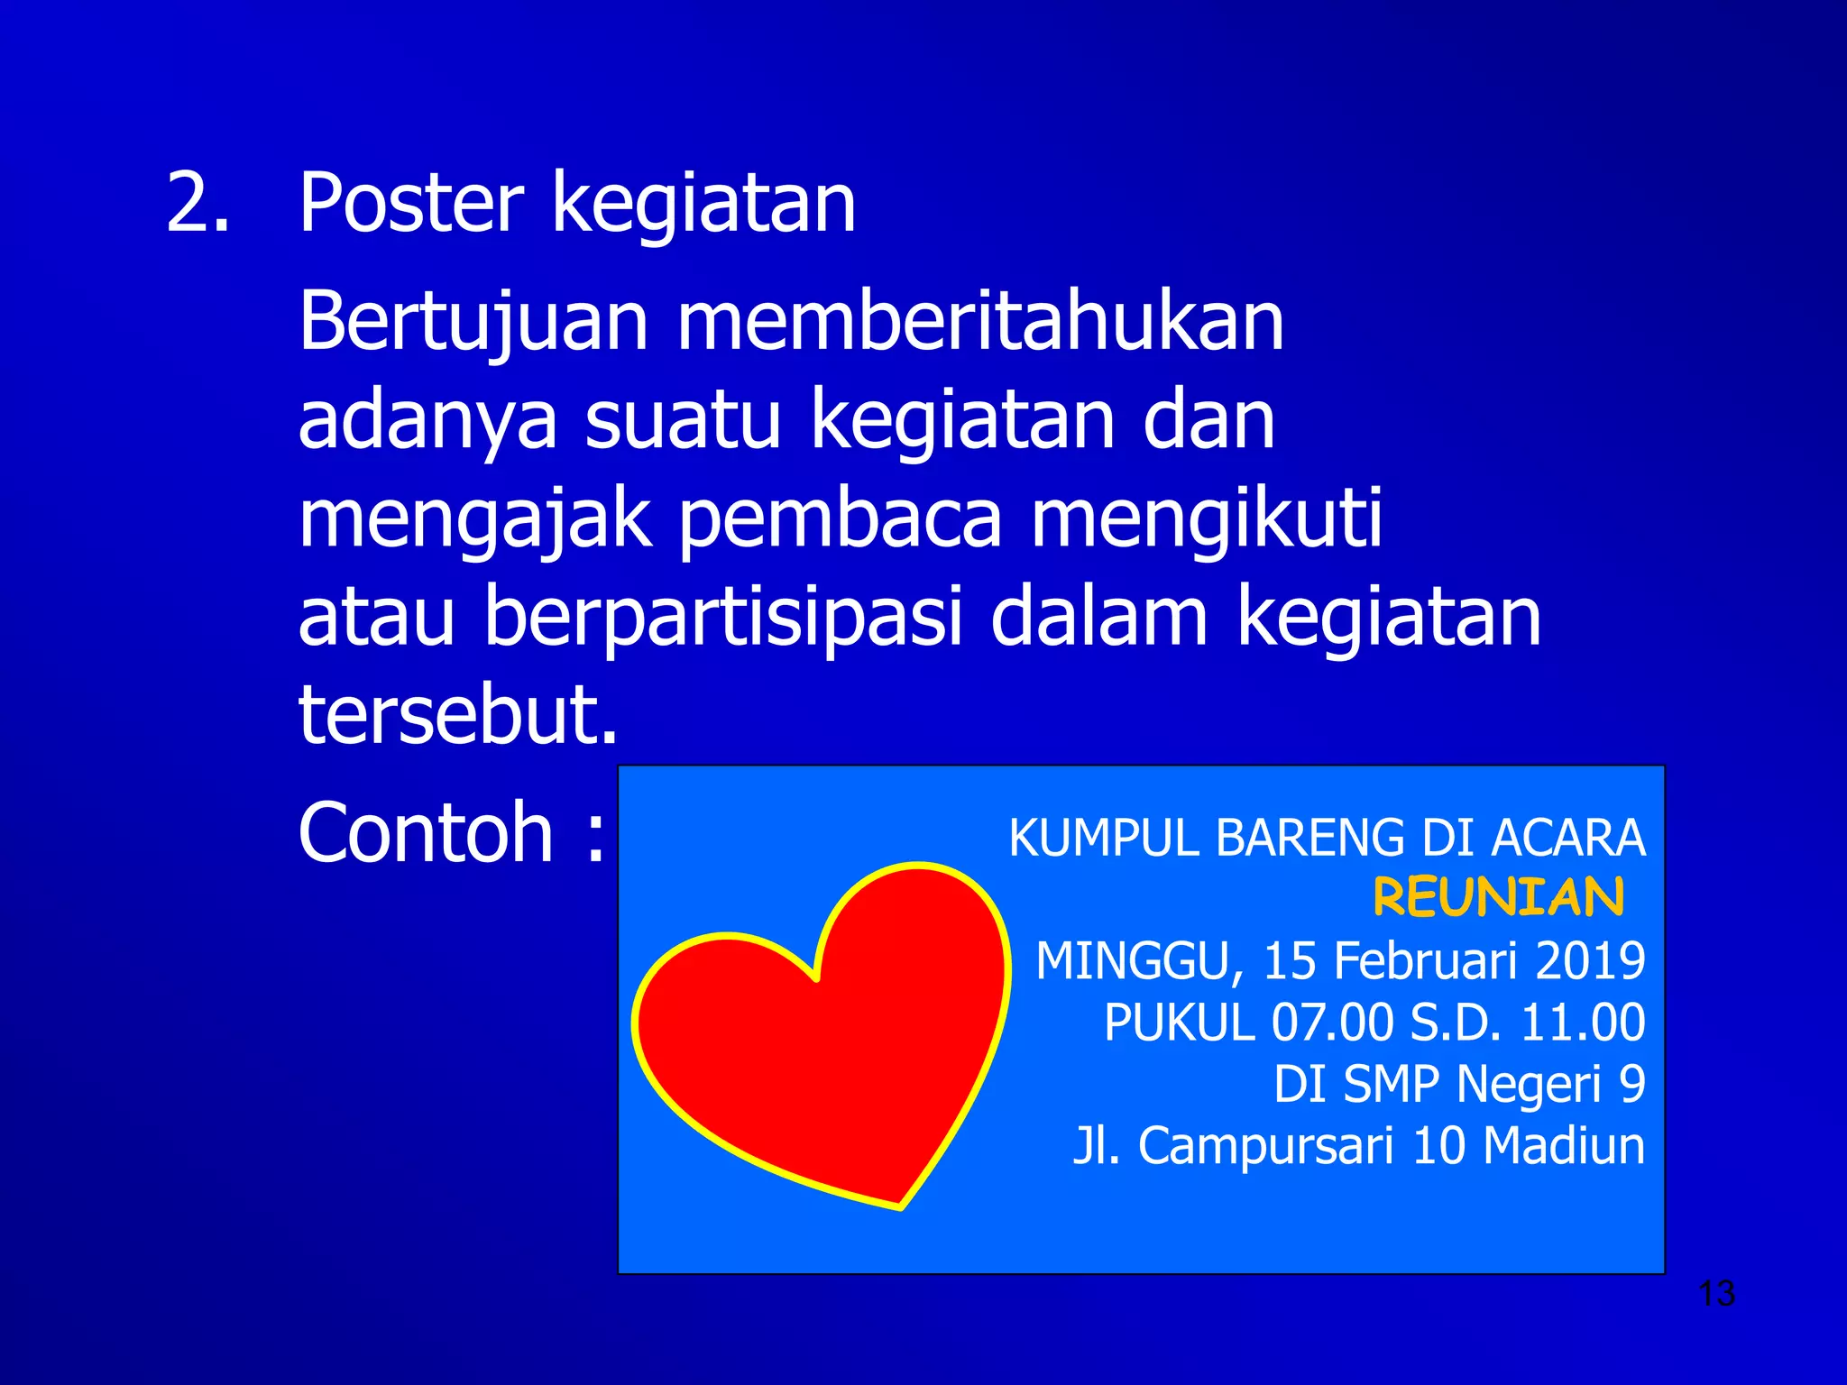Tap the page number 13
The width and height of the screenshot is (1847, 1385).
(1716, 1294)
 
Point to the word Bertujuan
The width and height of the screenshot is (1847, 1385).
(473, 323)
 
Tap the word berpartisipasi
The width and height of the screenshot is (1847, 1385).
(721, 619)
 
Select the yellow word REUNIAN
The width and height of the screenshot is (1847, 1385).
(1498, 898)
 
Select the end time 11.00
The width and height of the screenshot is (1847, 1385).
(1583, 1023)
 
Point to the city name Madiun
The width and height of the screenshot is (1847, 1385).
(1564, 1146)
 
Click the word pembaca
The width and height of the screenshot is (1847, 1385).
(840, 520)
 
